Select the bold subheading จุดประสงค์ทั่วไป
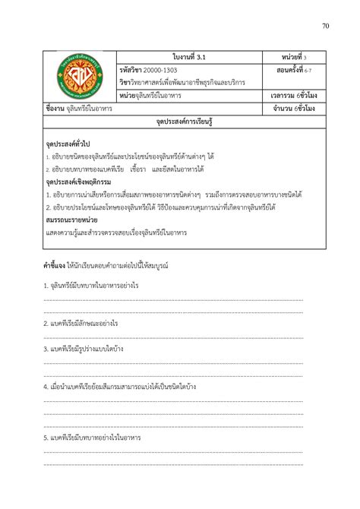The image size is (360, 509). point(69,144)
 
